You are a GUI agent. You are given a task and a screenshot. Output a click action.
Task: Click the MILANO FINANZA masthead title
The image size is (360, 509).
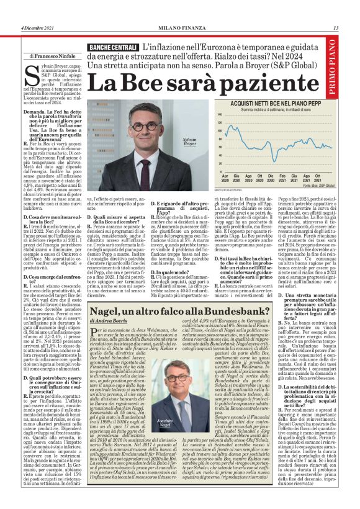[180, 28]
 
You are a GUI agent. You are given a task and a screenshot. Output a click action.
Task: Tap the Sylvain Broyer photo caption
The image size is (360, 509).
[190, 142]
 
